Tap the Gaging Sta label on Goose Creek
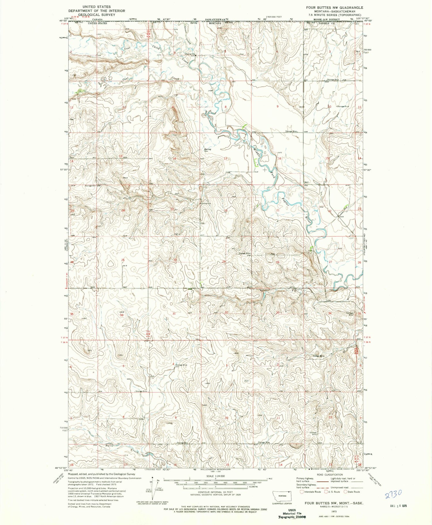coord(190,54)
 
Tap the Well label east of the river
coord(307,182)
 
